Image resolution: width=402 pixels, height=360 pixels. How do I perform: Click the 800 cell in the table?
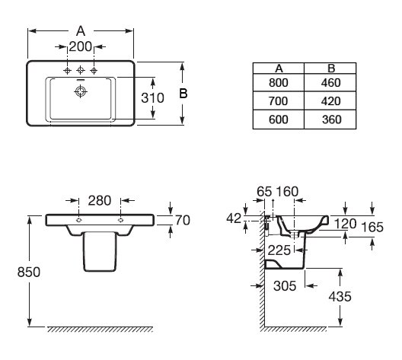pos(279,83)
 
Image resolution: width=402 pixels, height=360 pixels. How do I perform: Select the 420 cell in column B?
pos(330,101)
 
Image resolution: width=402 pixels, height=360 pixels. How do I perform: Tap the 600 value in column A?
pos(279,119)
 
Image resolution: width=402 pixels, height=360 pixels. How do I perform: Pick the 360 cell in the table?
pos(331,119)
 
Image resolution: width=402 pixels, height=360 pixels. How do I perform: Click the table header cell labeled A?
pos(279,68)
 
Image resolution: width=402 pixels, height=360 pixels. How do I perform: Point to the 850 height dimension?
pos(29,272)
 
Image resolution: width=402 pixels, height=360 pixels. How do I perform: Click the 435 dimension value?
pos(340,297)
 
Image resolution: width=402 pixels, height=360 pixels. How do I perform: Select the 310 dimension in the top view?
pos(152,98)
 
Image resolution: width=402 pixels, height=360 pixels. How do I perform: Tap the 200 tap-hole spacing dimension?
pos(81,46)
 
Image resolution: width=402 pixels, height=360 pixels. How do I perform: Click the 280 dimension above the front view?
pos(100,200)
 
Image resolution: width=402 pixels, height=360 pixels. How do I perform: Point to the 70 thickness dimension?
pos(182,221)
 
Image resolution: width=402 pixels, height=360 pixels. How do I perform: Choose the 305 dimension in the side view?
pos(285,285)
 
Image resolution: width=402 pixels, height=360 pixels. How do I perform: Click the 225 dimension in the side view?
pos(279,250)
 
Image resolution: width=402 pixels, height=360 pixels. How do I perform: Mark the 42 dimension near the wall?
pos(234,218)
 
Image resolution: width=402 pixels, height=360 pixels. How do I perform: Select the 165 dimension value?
pos(372,227)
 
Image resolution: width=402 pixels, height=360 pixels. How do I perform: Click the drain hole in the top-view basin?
pos(81,91)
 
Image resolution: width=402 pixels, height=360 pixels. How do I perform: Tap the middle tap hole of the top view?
pos(81,70)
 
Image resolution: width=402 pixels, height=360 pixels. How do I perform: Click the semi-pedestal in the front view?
pos(100,251)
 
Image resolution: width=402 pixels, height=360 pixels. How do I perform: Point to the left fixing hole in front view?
pos(78,220)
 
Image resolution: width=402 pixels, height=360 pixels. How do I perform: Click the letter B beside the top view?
pos(183,94)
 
